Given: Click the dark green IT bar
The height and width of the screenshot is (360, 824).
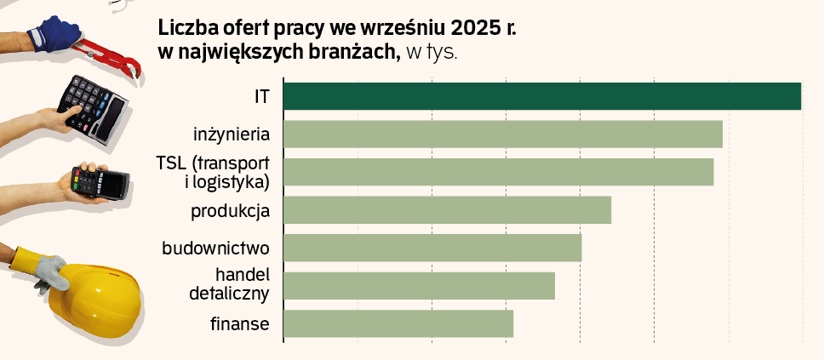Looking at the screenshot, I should (541, 96).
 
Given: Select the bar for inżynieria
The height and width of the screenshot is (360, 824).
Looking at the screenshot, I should (502, 134).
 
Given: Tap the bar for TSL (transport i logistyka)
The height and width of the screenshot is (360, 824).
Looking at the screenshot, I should (498, 172).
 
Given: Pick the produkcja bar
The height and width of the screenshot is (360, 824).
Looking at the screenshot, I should (447, 210).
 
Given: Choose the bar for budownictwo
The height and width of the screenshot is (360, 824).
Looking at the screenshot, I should (432, 248).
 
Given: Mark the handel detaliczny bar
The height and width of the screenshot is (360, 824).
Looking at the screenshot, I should (419, 286).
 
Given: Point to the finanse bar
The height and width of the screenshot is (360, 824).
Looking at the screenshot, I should (398, 323).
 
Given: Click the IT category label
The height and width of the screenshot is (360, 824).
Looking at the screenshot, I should (261, 96).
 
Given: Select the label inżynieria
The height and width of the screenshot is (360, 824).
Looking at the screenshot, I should (232, 134).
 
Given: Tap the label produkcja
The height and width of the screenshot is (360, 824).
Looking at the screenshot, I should (230, 210).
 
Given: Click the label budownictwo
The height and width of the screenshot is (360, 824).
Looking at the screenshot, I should (215, 249).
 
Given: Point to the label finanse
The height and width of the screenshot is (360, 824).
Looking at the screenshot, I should (239, 324).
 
